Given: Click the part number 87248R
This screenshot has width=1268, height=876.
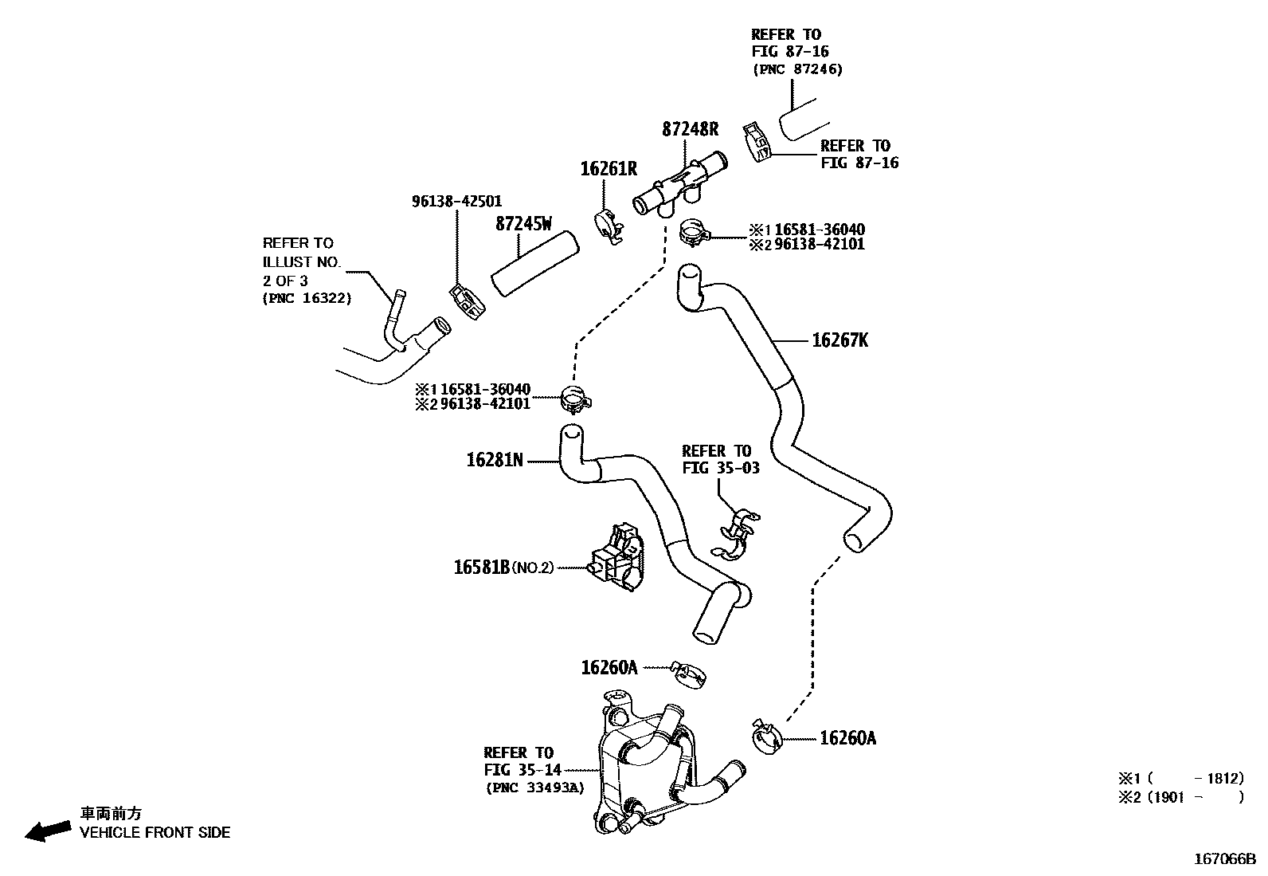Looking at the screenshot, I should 690,129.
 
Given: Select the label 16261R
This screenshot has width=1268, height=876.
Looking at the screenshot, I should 609,169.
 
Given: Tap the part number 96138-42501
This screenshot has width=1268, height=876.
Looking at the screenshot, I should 456,202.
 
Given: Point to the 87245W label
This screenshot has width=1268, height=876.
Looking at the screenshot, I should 523,224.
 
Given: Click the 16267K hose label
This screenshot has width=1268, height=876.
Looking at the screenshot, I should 839,341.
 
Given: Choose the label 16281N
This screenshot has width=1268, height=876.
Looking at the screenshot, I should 495,460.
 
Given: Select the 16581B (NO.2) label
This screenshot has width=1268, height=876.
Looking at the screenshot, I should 503,568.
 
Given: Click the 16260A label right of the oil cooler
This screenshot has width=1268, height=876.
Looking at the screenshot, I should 847,738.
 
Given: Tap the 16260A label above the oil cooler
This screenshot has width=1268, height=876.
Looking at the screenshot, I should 609,667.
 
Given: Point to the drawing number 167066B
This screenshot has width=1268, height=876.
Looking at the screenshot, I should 1223,859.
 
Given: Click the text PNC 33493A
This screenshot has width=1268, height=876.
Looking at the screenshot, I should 534,788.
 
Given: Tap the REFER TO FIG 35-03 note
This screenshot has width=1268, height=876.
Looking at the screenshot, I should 720,460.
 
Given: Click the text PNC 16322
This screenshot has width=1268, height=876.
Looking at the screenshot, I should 307,298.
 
